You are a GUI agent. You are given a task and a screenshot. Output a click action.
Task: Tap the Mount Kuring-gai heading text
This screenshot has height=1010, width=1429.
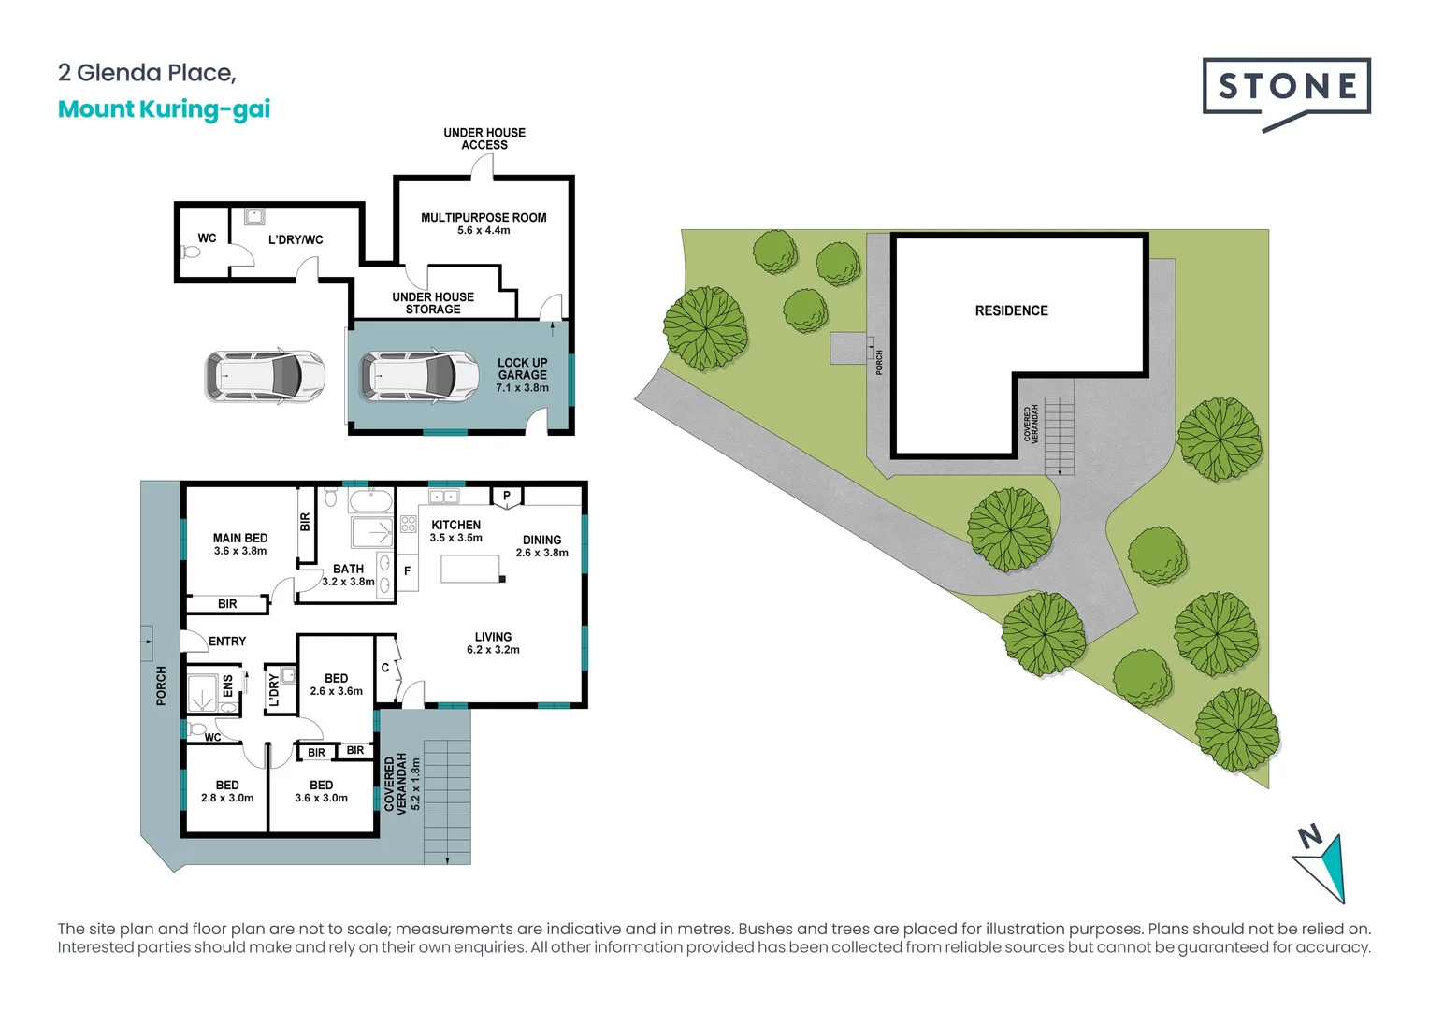tap(164, 109)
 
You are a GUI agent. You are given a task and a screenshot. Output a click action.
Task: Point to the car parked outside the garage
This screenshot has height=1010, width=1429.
tap(265, 376)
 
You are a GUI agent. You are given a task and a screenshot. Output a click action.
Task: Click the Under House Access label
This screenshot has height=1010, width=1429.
tap(484, 138)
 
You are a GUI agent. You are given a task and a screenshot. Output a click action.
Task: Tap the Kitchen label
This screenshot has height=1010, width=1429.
tap(455, 526)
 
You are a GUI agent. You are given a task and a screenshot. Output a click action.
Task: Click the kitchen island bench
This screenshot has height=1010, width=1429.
tap(470, 569)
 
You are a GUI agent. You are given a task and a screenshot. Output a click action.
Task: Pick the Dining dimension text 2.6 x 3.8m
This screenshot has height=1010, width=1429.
tap(541, 553)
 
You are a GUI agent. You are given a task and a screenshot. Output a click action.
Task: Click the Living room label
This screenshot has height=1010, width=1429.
tap(493, 637)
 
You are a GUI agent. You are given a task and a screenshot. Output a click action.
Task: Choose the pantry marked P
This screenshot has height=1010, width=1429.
tap(507, 497)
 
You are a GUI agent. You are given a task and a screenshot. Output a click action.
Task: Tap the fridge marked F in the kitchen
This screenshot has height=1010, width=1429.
tap(408, 570)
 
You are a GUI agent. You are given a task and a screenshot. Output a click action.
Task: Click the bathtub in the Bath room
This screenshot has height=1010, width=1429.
tap(371, 500)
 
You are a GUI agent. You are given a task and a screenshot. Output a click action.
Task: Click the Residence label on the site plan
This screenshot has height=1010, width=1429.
tap(1011, 310)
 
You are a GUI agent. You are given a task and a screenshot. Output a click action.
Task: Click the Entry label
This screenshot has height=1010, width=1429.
tap(227, 642)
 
